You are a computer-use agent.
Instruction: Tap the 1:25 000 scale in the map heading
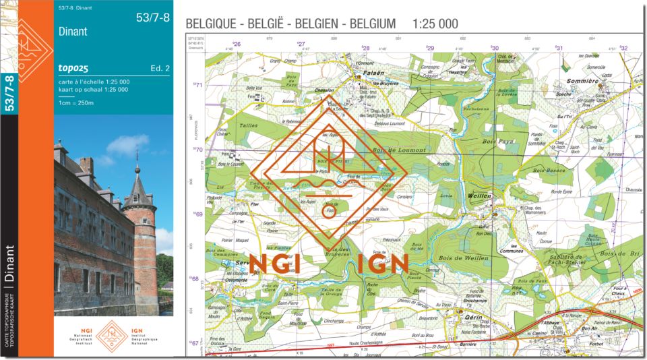(435, 24)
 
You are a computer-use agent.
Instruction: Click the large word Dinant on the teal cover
(73, 31)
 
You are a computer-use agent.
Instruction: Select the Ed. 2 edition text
(160, 68)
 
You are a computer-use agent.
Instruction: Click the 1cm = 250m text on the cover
(76, 103)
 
